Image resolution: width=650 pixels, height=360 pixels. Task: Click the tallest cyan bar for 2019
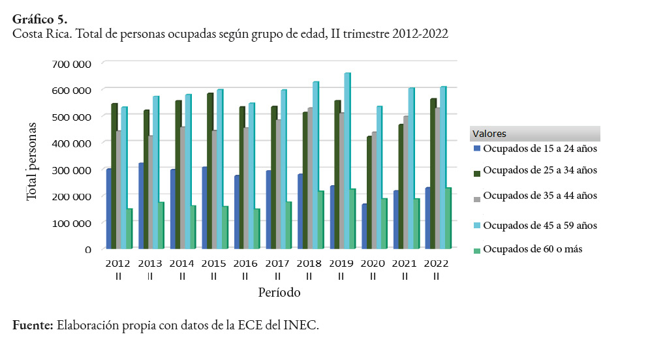(x=347, y=160)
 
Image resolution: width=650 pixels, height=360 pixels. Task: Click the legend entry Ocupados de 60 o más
(x=533, y=249)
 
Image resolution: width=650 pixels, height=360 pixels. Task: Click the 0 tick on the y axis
(x=87, y=249)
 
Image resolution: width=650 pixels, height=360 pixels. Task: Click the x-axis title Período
(x=279, y=292)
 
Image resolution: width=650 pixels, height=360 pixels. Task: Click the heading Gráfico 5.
(x=39, y=19)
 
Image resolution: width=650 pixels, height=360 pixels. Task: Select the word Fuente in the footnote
(x=33, y=325)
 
